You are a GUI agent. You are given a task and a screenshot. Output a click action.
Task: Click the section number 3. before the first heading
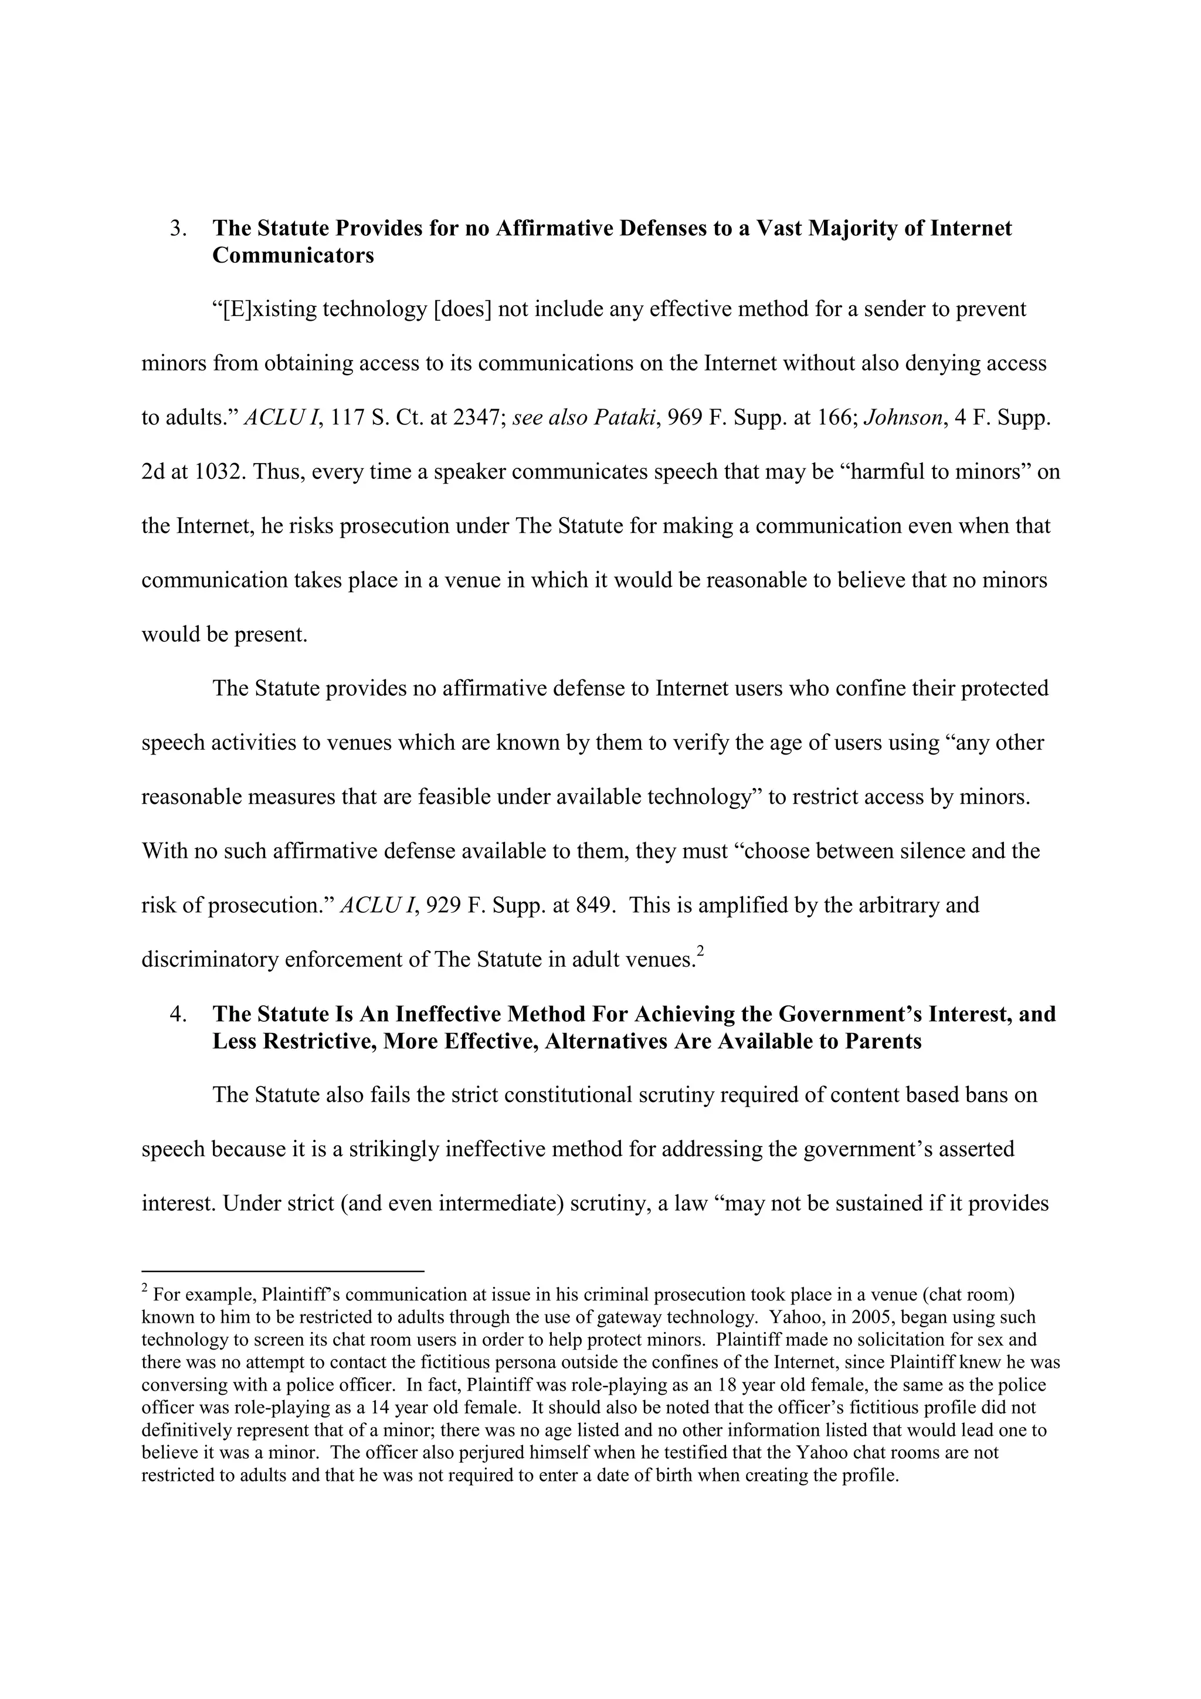coord(178,229)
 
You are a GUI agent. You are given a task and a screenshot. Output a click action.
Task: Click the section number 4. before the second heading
coord(178,1014)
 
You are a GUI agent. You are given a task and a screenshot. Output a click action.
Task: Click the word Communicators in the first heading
coord(293,256)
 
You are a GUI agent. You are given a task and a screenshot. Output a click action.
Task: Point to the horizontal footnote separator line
coord(282,1271)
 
